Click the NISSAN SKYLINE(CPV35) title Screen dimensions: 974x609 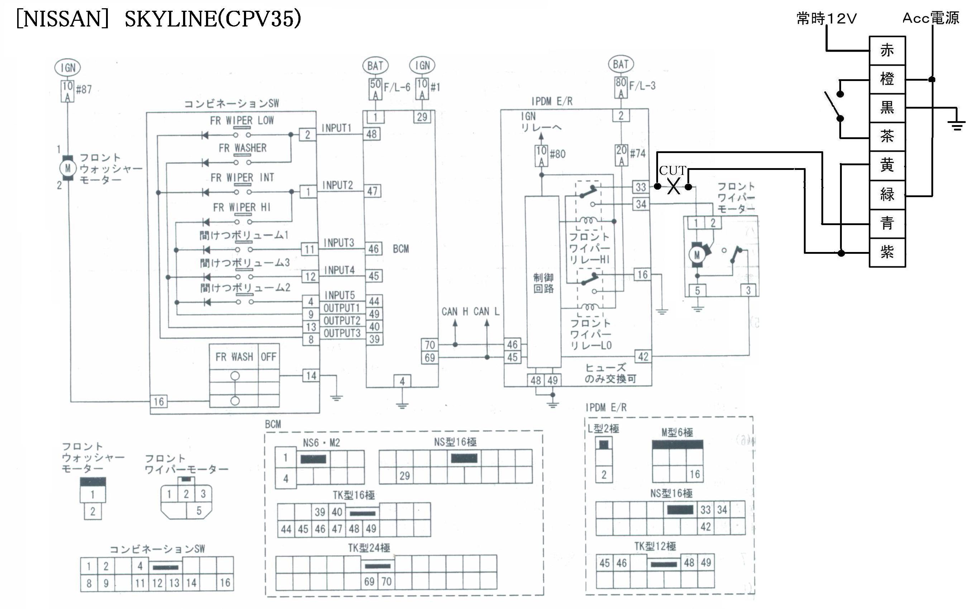pos(159,19)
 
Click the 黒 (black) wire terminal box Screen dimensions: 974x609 pos(887,108)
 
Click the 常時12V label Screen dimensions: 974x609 pos(827,19)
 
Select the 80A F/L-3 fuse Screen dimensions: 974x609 pos(621,87)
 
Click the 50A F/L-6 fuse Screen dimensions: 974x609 pos(375,89)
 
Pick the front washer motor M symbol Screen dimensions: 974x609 pos(68,167)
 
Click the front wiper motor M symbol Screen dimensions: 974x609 pos(697,254)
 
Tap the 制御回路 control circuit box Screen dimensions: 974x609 pos(543,282)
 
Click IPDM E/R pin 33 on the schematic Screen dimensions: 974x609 pos(640,187)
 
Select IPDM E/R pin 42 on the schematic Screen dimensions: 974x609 pos(643,356)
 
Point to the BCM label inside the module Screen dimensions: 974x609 pos(400,249)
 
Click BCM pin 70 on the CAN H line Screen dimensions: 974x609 pos(430,345)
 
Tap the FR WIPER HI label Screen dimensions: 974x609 pos(241,208)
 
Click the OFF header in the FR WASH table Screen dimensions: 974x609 pos(268,357)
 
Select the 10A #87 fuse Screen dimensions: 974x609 pos(67,91)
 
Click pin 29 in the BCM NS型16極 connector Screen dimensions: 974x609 pos(404,476)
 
